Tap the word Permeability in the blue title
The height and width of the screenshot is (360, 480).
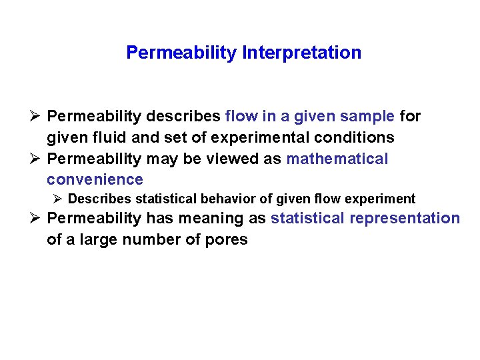pos(180,53)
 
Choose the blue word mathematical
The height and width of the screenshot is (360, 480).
pos(337,159)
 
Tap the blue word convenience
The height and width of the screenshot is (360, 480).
pos(95,180)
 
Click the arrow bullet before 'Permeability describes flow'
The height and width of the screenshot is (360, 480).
pos(36,117)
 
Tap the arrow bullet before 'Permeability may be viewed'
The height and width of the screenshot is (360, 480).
pos(36,159)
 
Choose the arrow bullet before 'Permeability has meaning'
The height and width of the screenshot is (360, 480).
pos(36,219)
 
